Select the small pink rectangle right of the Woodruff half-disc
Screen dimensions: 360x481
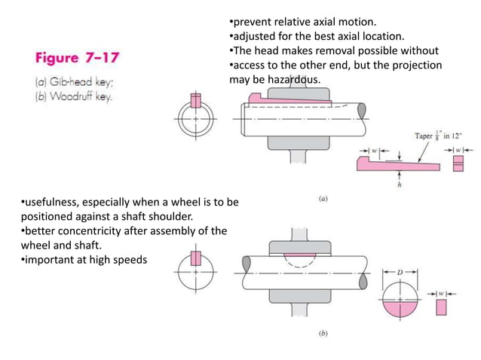click(442, 307)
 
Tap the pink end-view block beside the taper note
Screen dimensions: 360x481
click(458, 163)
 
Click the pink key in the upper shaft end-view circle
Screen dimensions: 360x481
click(196, 101)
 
